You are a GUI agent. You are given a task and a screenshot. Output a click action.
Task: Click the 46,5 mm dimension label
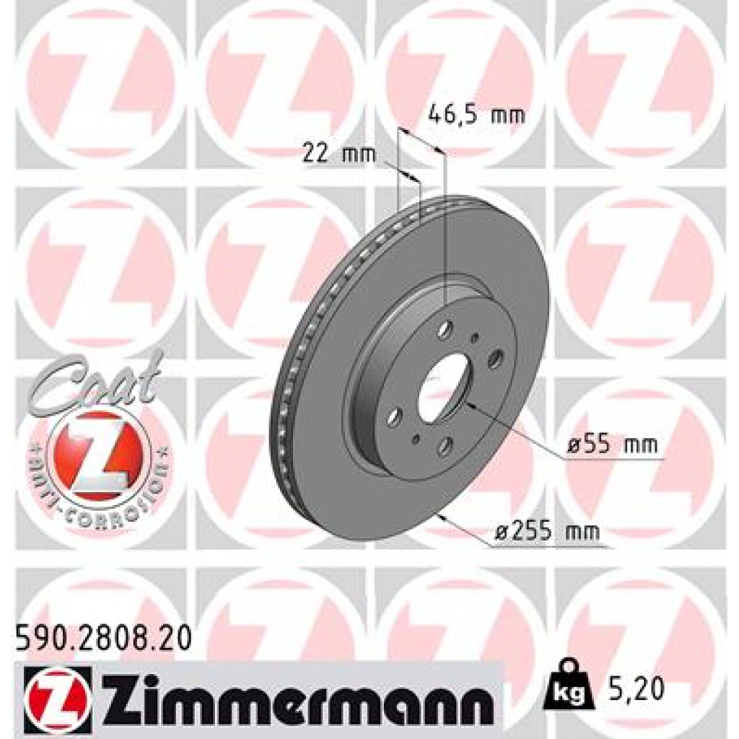click(476, 114)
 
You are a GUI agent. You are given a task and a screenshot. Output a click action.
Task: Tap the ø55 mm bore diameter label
click(612, 445)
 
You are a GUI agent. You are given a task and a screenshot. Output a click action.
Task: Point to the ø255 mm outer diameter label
click(548, 532)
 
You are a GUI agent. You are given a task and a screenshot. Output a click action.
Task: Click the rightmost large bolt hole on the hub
click(495, 359)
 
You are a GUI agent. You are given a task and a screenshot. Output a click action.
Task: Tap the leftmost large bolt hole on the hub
click(394, 417)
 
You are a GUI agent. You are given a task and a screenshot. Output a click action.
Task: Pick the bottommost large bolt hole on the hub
click(444, 446)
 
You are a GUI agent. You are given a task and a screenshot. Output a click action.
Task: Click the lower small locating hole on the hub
click(415, 438)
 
